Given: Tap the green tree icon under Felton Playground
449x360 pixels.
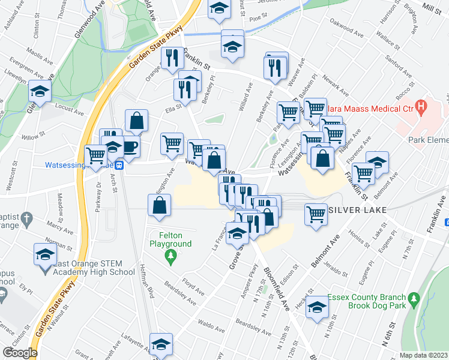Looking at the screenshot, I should (171, 256).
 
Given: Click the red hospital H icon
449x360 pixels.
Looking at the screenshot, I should (421, 109).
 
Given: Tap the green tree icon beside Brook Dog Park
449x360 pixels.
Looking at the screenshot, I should (413, 298).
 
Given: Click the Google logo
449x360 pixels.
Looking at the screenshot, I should (20, 353).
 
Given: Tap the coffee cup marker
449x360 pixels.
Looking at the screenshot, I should (130, 146).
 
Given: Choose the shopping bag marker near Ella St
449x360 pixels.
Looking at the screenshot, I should (137, 121).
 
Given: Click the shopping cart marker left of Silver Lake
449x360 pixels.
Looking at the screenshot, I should (316, 213).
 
